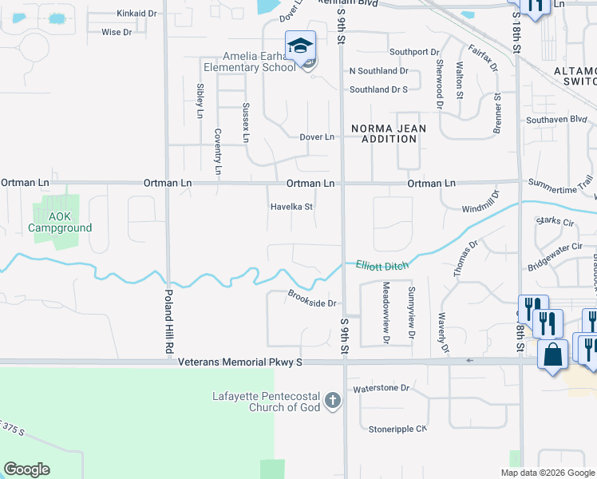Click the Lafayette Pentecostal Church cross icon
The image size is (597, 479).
[333, 402]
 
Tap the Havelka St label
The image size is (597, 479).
[291, 206]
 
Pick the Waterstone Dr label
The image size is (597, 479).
[381, 388]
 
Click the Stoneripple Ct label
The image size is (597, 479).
[398, 429]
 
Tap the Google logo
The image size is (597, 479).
[26, 469]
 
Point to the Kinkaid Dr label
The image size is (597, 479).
[136, 14]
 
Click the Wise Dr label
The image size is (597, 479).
[117, 32]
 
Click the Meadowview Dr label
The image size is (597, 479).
[385, 307]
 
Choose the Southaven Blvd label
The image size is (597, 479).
[556, 120]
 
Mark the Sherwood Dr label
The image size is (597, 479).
[439, 83]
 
